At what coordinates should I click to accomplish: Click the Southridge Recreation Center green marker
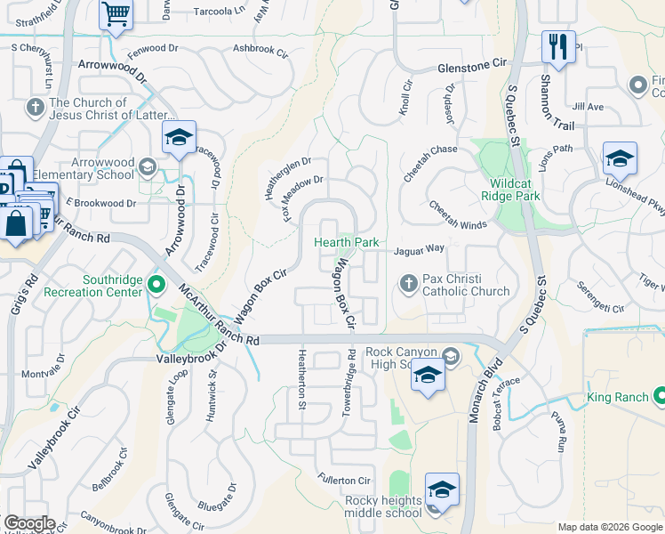(156, 286)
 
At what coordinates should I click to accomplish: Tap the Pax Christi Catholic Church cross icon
(409, 284)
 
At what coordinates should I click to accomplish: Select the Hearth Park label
(347, 242)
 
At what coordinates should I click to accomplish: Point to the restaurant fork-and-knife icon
(558, 46)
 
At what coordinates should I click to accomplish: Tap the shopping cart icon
(116, 15)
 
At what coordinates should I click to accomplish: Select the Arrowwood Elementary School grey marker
(148, 166)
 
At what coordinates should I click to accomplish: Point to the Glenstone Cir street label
(471, 67)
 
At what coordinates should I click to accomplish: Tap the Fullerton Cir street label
(345, 481)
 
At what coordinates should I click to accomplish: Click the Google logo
(29, 523)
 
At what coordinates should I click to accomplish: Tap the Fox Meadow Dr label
(302, 200)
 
